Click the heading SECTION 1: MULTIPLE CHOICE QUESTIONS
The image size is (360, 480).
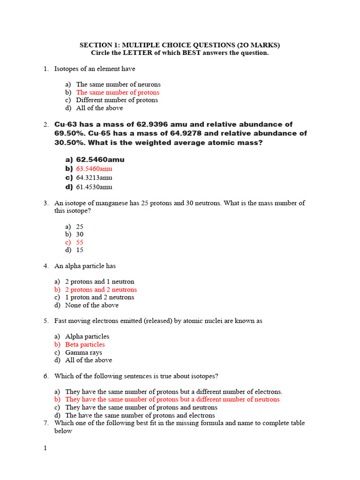tap(180, 45)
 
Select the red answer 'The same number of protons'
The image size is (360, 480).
tap(118, 92)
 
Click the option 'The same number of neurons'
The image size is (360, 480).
tap(118, 84)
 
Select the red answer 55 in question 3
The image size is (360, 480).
tap(80, 242)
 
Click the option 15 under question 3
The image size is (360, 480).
tap(80, 250)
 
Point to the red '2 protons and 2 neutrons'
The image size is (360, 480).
tap(101, 290)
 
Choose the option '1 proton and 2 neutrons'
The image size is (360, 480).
tap(99, 297)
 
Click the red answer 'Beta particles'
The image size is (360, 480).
tap(85, 345)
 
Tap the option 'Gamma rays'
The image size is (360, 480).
tap(83, 352)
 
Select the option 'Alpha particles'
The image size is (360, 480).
tap(87, 337)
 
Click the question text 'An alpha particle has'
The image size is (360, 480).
tap(85, 266)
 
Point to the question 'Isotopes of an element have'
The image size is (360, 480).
tap(95, 69)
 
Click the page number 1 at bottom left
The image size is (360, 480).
tap(45, 448)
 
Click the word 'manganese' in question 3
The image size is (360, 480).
tap(108, 203)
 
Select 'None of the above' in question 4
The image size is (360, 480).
tap(92, 305)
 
